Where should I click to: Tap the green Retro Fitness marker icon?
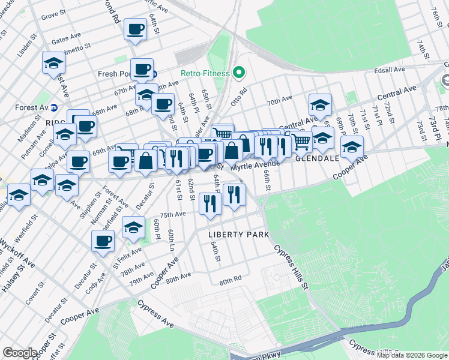click(239, 73)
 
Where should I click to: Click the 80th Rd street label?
click(230, 281)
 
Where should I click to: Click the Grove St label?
click(53, 13)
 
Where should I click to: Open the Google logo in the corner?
click(20, 352)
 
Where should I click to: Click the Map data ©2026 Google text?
click(411, 355)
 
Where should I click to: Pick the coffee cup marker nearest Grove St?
click(135, 28)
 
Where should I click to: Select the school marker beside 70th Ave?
click(320, 104)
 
